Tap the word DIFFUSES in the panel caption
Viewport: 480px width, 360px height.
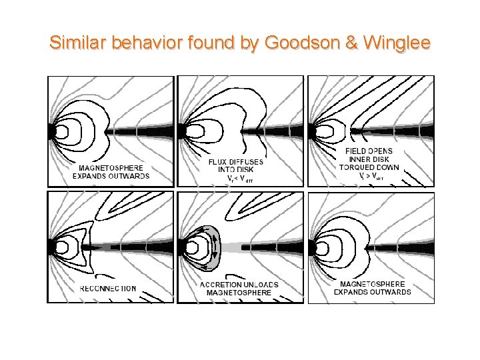point(247,162)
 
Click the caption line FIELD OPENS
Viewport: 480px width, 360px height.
point(369,151)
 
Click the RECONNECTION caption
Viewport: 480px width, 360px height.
point(108,289)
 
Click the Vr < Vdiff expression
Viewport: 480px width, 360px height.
point(239,179)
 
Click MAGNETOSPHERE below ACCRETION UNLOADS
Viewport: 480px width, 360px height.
point(239,293)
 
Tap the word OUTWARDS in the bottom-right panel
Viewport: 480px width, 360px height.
point(390,292)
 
